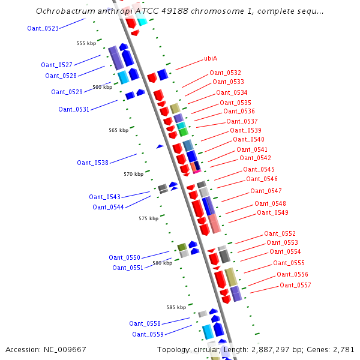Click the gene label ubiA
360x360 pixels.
(x=211, y=58)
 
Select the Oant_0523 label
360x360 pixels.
(x=43, y=28)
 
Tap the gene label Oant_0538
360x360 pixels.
(x=92, y=163)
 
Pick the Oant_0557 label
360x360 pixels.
(x=295, y=285)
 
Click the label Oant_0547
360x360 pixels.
(x=266, y=191)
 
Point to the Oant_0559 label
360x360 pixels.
(x=148, y=334)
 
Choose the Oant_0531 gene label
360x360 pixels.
(x=74, y=109)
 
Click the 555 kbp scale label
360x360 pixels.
(x=86, y=43)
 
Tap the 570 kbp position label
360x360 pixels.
(x=133, y=174)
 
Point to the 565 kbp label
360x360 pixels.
(x=118, y=130)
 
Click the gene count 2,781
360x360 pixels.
(x=343, y=349)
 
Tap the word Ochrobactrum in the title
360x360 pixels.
(x=64, y=11)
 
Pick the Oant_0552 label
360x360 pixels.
(x=280, y=233)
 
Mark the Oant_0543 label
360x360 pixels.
(x=104, y=197)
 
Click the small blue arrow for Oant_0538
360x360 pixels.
(x=160, y=146)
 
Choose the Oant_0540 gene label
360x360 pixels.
(x=248, y=139)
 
